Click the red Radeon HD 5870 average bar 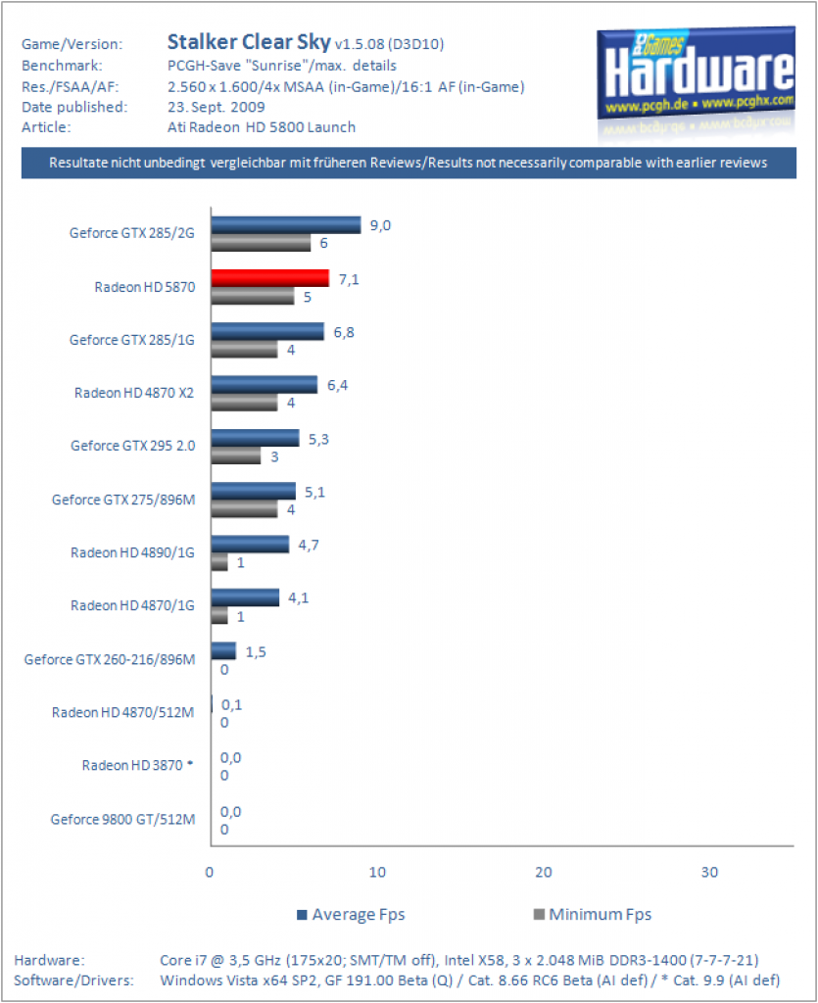(x=270, y=278)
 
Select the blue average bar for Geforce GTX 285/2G (x=286, y=225)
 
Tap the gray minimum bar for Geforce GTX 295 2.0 (x=236, y=455)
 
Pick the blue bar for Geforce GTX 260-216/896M (x=223, y=650)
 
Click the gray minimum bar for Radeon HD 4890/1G (x=219, y=562)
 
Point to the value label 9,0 (x=380, y=226)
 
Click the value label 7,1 (x=349, y=279)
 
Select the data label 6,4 (x=337, y=385)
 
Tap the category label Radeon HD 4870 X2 (x=133, y=393)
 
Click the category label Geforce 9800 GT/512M (x=122, y=820)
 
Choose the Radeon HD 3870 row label (x=137, y=765)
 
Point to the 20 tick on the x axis (x=543, y=872)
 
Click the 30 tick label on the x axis (x=709, y=872)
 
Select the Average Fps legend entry (x=351, y=915)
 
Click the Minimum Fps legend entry (x=593, y=915)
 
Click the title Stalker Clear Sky (x=249, y=41)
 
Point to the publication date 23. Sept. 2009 (x=217, y=107)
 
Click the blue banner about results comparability (x=409, y=163)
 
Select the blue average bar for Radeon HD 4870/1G (x=246, y=597)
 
